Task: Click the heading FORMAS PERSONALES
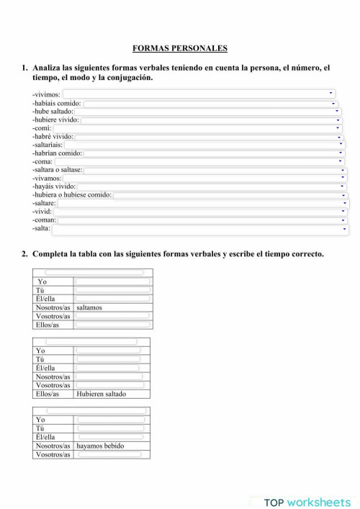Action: coord(180,48)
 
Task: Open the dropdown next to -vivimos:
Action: coord(199,94)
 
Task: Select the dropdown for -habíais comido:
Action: coord(209,103)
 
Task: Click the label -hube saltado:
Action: coord(53,112)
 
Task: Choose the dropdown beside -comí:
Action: coord(197,128)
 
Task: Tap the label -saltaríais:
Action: coord(48,145)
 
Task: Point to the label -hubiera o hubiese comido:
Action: coord(71,195)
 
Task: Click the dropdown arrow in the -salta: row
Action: coord(345,229)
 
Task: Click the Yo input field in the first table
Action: coord(112,281)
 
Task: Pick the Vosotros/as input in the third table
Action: coord(111,454)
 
